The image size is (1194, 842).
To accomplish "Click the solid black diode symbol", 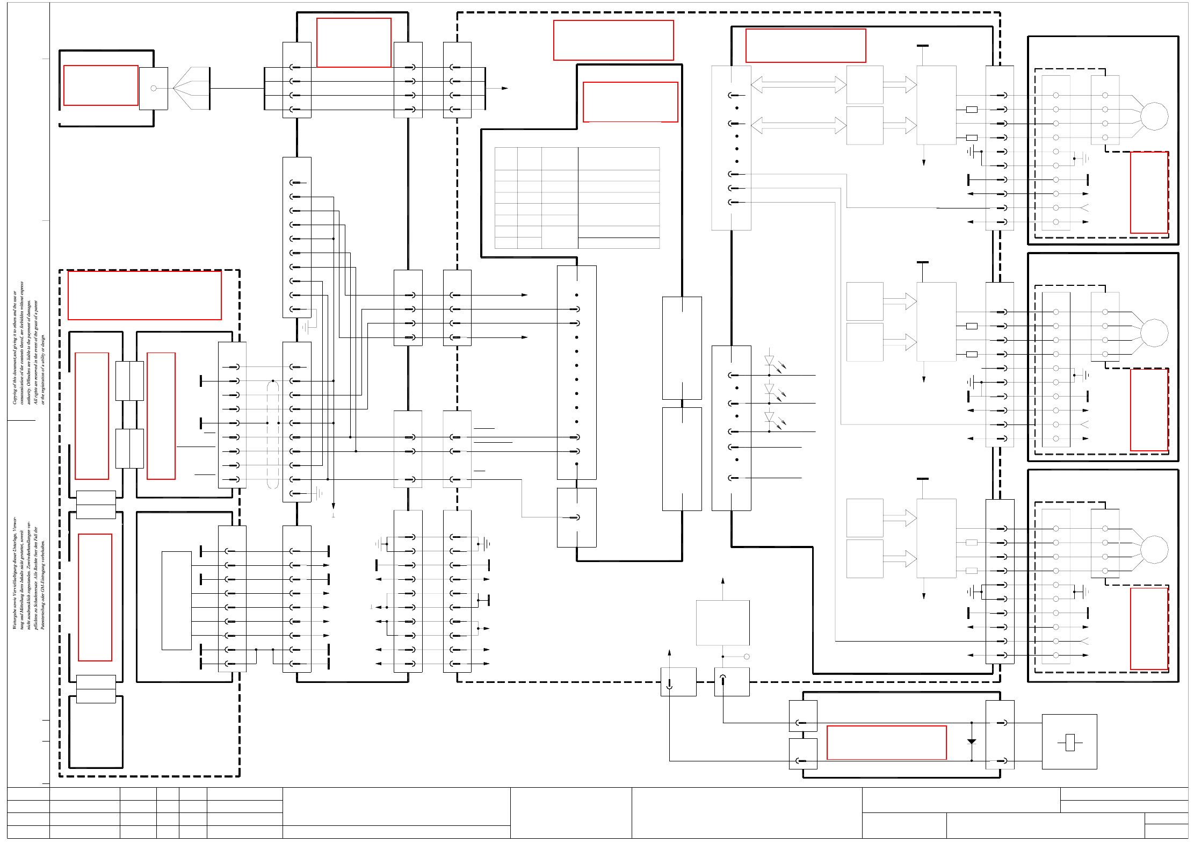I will pyautogui.click(x=971, y=742).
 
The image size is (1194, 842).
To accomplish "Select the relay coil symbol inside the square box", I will pyautogui.click(x=1069, y=742).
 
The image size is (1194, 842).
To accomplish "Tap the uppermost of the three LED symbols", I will pyautogui.click(x=769, y=361).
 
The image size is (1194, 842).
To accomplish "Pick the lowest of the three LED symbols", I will pyautogui.click(x=769, y=417).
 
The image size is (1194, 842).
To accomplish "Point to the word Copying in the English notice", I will pyautogui.click(x=15, y=395).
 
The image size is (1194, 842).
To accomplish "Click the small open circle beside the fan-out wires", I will pyautogui.click(x=154, y=88).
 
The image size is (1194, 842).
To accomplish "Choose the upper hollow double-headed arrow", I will pyautogui.click(x=798, y=84).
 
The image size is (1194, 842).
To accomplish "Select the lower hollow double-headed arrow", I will pyautogui.click(x=798, y=125).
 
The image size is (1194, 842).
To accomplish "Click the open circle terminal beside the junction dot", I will pyautogui.click(x=747, y=657).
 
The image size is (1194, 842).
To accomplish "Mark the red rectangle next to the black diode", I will pyautogui.click(x=886, y=743).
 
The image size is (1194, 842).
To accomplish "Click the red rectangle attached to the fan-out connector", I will pyautogui.click(x=101, y=85).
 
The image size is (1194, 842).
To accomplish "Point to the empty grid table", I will pyautogui.click(x=577, y=198).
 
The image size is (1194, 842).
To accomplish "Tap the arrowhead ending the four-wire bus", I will pyautogui.click(x=504, y=88).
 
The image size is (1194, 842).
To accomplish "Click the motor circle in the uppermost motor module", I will pyautogui.click(x=1154, y=116).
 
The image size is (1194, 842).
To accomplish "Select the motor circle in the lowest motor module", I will pyautogui.click(x=1154, y=549).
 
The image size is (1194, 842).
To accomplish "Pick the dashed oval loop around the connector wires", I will pyautogui.click(x=273, y=434).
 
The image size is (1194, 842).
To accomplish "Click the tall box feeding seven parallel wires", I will pyautogui.click(x=177, y=600).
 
